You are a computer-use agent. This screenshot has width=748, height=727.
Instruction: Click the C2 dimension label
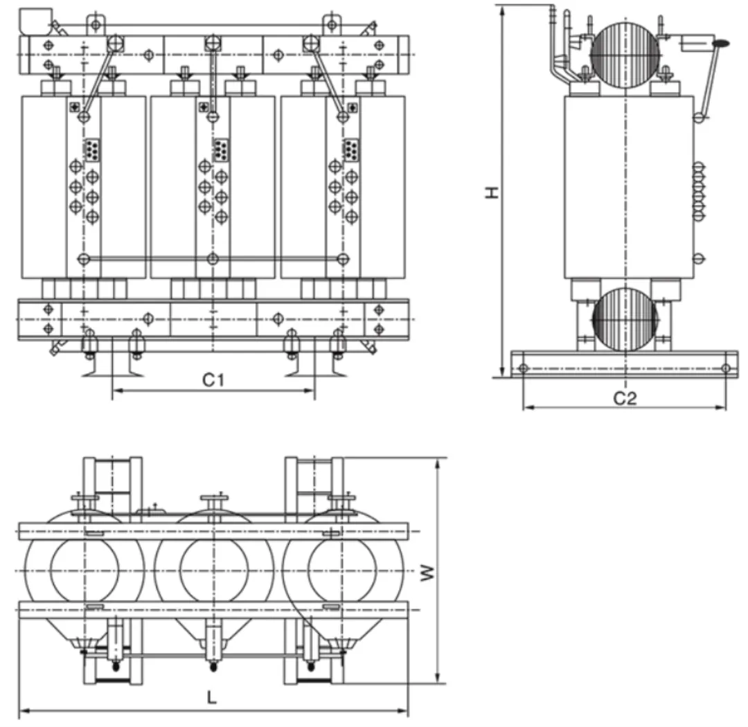(x=625, y=397)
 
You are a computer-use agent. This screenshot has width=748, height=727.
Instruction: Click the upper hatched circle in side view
(x=625, y=55)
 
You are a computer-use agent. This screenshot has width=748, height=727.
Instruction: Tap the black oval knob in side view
(x=720, y=44)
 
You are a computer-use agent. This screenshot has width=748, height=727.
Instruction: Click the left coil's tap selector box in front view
(x=91, y=149)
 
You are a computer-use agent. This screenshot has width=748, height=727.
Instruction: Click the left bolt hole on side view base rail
(x=524, y=368)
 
